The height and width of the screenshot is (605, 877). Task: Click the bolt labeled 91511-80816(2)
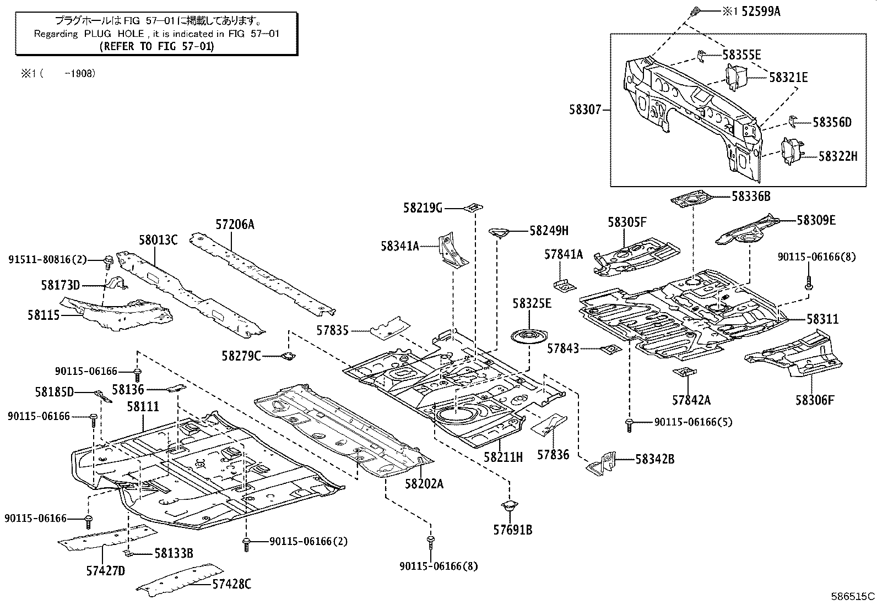tap(109, 259)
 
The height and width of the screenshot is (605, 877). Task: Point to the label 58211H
tap(502, 456)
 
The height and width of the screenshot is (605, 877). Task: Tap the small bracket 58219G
tap(473, 208)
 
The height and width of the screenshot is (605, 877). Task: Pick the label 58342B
tap(654, 459)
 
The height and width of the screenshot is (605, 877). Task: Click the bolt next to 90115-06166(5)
tap(629, 423)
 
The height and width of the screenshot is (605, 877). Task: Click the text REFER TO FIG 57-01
tap(156, 46)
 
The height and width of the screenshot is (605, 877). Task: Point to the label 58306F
tap(814, 400)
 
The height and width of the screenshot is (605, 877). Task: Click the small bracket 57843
tap(610, 349)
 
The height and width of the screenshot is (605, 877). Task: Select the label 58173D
tap(61, 285)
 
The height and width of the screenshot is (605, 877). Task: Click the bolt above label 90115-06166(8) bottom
tap(431, 541)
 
